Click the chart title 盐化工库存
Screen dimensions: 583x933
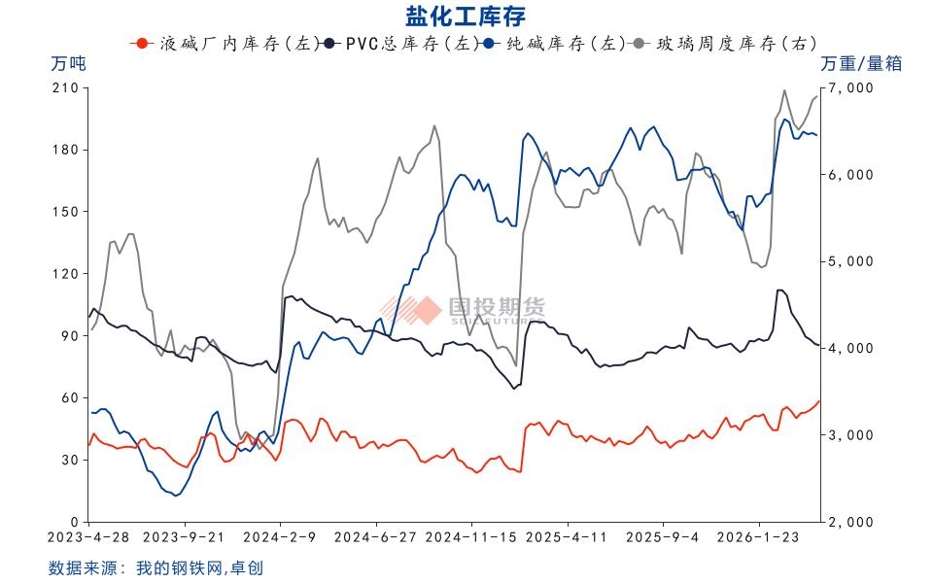tap(466, 16)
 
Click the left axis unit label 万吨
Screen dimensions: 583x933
tap(68, 64)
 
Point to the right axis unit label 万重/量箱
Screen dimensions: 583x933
tap(861, 64)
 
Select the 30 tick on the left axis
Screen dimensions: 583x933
tap(69, 460)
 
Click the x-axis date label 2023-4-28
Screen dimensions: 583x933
tap(89, 536)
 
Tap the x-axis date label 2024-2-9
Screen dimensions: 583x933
tap(280, 536)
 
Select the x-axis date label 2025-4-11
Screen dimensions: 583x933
tap(567, 536)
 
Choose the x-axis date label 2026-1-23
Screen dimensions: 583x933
tap(757, 536)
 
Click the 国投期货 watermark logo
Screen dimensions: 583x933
tap(463, 309)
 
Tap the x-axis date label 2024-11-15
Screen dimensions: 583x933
tap(471, 536)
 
